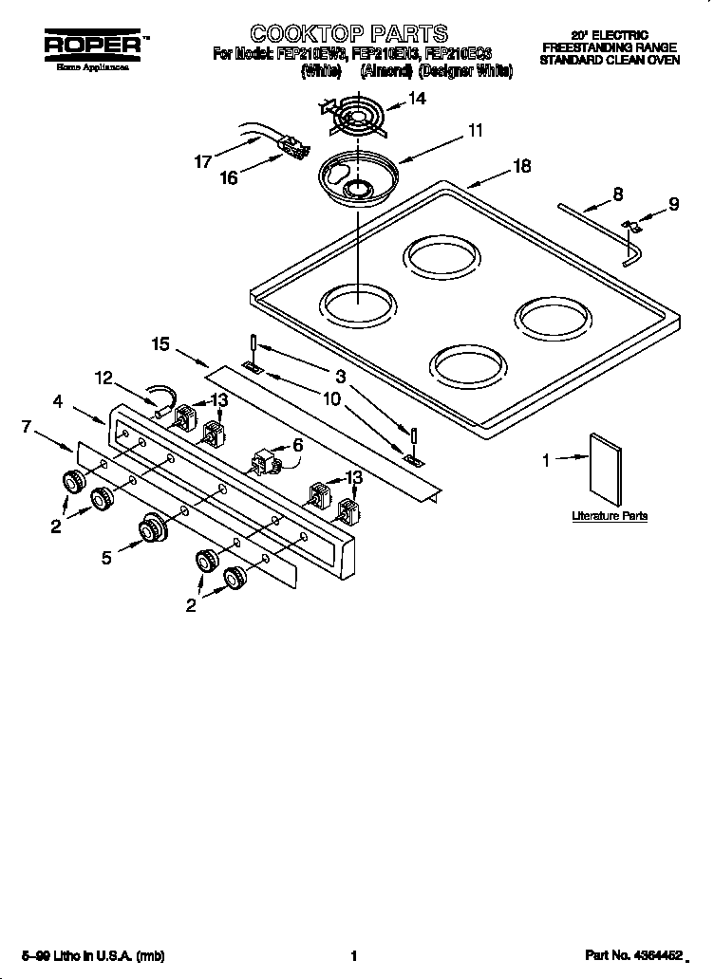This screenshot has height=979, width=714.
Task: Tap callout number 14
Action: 416,99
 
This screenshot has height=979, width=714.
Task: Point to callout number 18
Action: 521,166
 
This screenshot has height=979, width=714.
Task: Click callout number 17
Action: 202,162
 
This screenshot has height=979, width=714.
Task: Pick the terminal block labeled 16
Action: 292,147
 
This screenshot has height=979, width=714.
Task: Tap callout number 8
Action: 617,194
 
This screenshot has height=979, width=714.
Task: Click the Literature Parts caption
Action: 609,516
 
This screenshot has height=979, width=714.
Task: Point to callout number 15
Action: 160,343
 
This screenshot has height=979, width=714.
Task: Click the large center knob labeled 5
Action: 151,529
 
